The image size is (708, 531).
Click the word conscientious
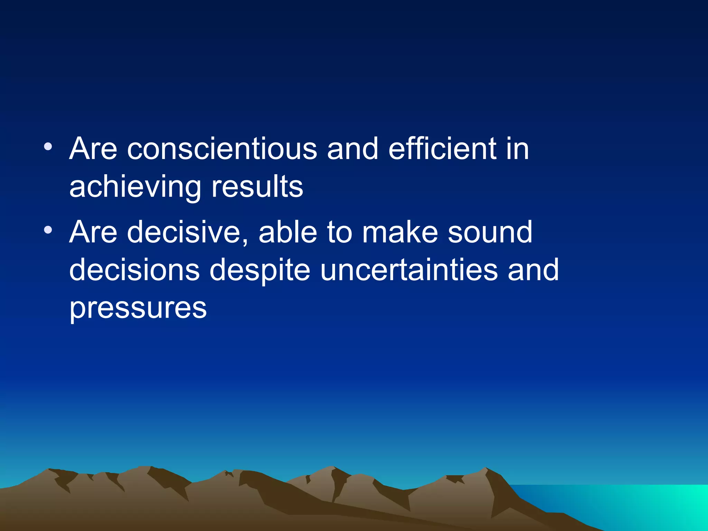point(222,149)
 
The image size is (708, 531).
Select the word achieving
point(135,188)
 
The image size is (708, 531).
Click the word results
point(257,187)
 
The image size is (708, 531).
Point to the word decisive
point(183,232)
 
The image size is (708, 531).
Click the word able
point(288,232)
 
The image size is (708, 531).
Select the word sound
point(490,232)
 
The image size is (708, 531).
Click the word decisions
point(134,270)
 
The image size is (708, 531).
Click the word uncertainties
point(409,270)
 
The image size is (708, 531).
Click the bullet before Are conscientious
point(48,147)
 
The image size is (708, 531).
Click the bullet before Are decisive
point(48,230)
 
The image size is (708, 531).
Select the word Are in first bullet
point(93,149)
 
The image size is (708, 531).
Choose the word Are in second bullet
point(93,232)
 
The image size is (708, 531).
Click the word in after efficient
point(517,149)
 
